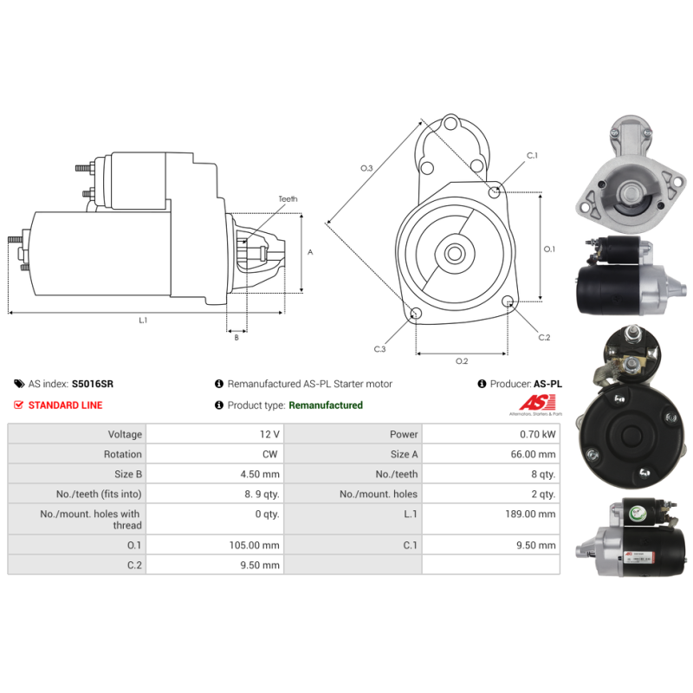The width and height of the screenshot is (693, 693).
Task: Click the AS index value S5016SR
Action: tap(93, 383)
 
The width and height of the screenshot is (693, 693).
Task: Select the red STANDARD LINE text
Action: tap(65, 405)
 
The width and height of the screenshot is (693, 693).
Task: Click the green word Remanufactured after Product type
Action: tap(326, 405)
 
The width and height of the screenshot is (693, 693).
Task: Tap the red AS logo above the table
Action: tap(530, 403)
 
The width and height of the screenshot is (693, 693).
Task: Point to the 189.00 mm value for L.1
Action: tap(534, 514)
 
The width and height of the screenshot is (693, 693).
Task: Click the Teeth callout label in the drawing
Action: tap(288, 199)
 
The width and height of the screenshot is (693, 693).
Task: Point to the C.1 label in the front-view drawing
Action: tap(532, 156)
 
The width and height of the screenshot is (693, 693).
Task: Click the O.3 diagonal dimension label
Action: tap(366, 168)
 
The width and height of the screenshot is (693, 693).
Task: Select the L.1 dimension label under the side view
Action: tap(143, 320)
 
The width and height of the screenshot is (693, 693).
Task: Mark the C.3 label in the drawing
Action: tap(379, 348)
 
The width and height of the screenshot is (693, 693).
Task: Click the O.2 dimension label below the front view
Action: tap(462, 360)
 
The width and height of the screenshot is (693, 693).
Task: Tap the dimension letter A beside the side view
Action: tap(310, 252)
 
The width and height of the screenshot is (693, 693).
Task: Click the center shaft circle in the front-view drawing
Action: tap(454, 254)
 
